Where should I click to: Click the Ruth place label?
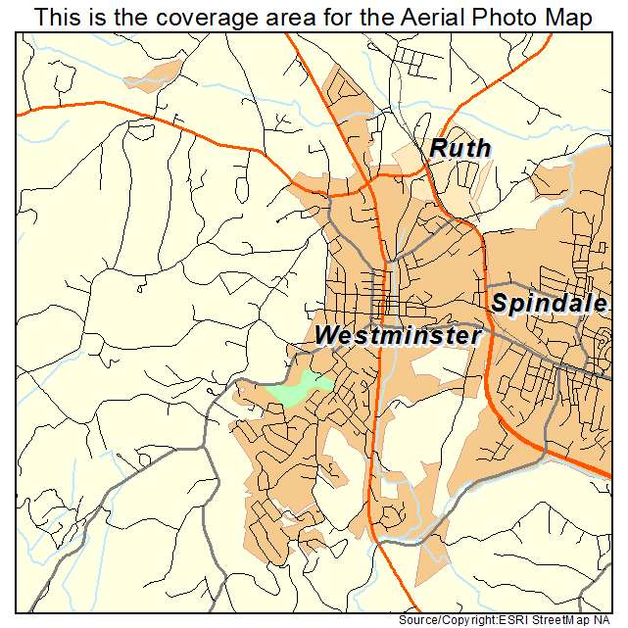click(459, 149)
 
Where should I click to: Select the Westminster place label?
click(398, 336)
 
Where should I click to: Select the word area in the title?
click(285, 18)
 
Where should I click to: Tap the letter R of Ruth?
click(438, 149)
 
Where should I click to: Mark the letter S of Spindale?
click(500, 304)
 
